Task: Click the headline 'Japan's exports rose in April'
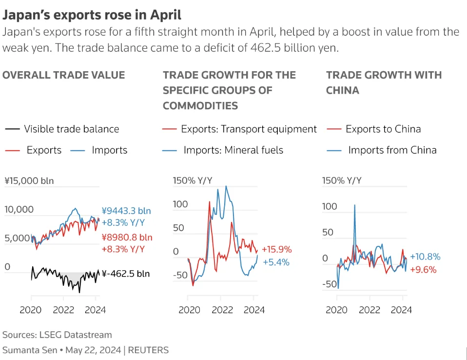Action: pyautogui.click(x=92, y=15)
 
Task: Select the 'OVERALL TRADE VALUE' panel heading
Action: pyautogui.click(x=64, y=75)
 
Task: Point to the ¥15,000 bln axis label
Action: pyautogui.click(x=29, y=180)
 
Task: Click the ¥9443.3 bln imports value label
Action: pyautogui.click(x=126, y=211)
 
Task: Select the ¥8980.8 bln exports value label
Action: pyautogui.click(x=127, y=237)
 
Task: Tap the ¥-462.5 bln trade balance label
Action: pyautogui.click(x=126, y=274)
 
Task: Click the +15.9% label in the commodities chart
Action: pyautogui.click(x=277, y=249)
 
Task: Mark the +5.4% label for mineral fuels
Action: pyautogui.click(x=276, y=262)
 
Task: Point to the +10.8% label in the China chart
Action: pyautogui.click(x=425, y=257)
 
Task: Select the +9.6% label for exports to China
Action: pyautogui.click(x=423, y=270)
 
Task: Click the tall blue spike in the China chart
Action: pyautogui.click(x=355, y=226)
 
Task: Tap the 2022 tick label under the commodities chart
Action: pyautogui.click(x=222, y=310)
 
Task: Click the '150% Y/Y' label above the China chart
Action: pyautogui.click(x=342, y=180)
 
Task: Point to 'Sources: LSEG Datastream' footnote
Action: pyautogui.click(x=57, y=335)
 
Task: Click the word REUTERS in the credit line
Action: pyautogui.click(x=148, y=350)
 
